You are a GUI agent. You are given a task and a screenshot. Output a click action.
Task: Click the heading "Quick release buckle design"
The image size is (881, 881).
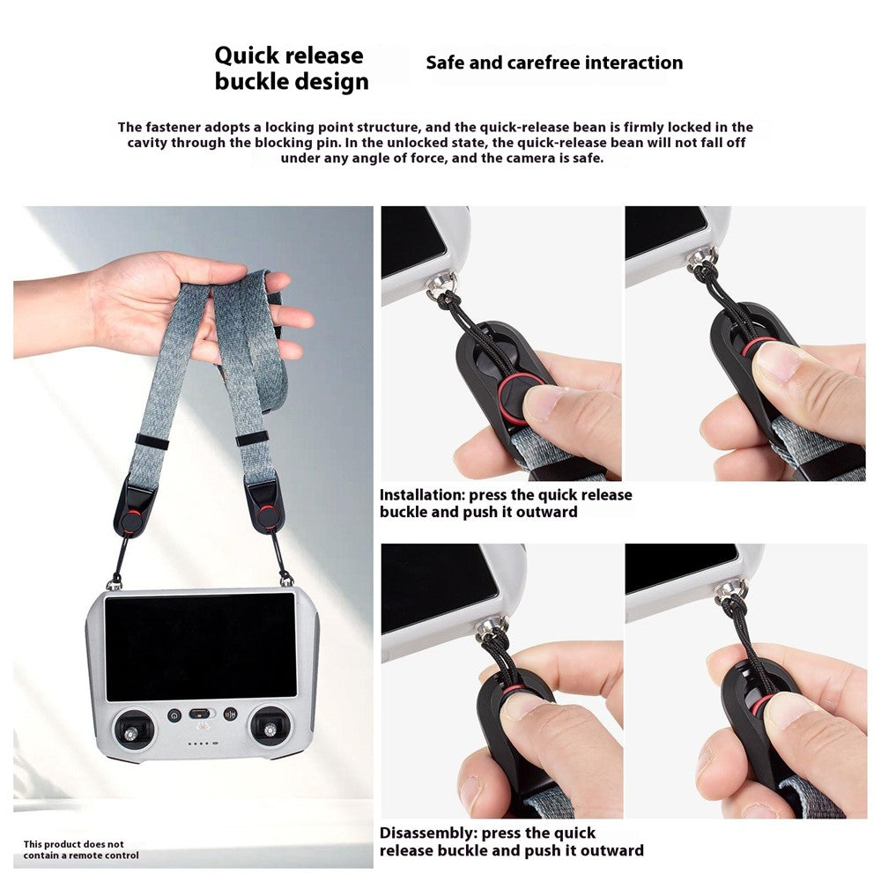[292, 68]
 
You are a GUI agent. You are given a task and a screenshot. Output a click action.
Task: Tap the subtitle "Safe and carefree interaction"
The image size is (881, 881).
[554, 63]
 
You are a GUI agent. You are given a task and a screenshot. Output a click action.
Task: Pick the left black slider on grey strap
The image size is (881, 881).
[152, 441]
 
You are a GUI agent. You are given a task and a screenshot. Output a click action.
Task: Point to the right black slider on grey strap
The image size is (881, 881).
[251, 439]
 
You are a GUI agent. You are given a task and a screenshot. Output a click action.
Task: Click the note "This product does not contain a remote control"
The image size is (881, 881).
[81, 849]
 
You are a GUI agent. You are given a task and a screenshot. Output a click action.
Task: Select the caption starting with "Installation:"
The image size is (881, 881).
[506, 503]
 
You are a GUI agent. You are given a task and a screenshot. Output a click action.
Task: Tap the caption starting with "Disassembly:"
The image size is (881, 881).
[511, 841]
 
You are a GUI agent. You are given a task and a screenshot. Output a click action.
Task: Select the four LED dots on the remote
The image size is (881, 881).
[202, 744]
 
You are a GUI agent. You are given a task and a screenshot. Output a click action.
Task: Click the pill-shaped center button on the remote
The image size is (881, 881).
[199, 714]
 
